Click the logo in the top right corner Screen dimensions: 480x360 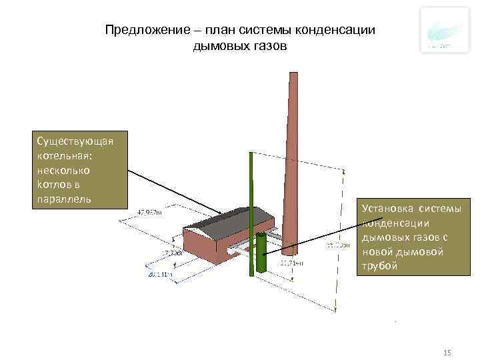(444, 31)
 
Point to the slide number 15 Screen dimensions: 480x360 (447, 352)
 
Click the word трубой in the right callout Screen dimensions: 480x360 (380, 267)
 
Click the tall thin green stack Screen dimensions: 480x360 (251, 213)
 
